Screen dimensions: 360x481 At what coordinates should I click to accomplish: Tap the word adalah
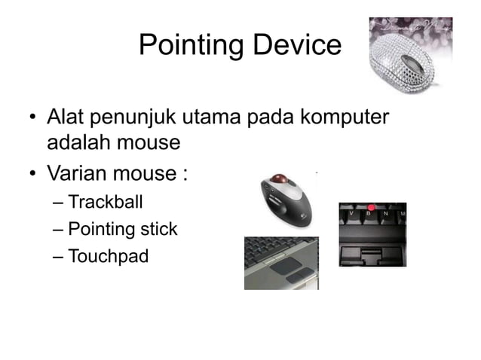coord(78,142)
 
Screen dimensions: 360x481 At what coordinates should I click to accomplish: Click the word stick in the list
coord(157,229)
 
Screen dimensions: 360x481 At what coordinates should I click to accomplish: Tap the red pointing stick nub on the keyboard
coord(371,208)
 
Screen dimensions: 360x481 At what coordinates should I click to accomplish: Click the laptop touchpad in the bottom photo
coord(284,264)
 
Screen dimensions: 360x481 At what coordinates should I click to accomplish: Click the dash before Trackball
coord(58,202)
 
